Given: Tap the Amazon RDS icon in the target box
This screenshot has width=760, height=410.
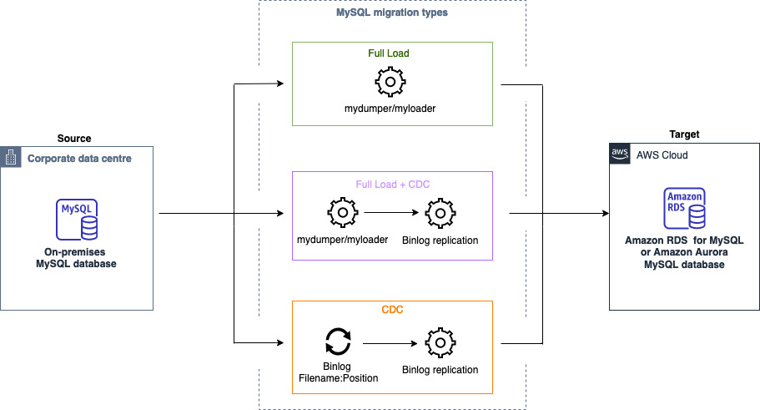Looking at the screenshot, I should click(x=684, y=209).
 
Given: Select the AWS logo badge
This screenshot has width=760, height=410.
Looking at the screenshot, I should click(x=619, y=154).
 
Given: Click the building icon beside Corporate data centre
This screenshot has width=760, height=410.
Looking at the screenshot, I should click(x=12, y=158).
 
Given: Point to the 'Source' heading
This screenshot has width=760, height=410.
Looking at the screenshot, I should click(x=74, y=138).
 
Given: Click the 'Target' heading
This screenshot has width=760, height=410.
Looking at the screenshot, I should click(x=684, y=134).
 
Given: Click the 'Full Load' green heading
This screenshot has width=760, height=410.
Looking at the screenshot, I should click(x=389, y=53).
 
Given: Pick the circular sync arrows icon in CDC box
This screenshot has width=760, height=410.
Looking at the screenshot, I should click(x=338, y=342).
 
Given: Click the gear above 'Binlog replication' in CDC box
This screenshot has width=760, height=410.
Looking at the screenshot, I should click(x=440, y=342).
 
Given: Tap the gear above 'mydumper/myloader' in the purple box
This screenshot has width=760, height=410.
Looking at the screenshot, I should click(x=342, y=214).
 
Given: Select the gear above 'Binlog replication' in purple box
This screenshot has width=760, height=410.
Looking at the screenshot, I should click(x=440, y=214).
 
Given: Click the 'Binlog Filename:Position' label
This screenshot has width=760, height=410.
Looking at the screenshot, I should click(x=339, y=372).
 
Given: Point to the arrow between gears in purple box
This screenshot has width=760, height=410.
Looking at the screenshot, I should click(x=390, y=214).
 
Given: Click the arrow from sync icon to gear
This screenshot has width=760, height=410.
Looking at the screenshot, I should click(x=389, y=342).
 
